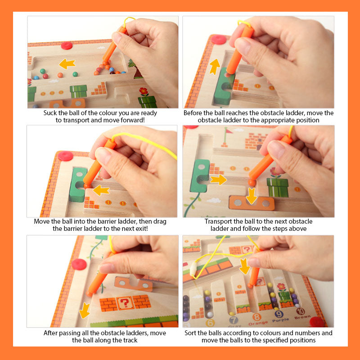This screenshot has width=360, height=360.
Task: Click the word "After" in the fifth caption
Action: (x=50, y=333)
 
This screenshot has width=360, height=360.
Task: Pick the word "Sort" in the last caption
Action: (x=190, y=333)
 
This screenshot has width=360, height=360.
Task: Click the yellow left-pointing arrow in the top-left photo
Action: (x=67, y=64)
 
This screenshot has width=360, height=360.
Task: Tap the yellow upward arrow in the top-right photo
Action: (x=215, y=67)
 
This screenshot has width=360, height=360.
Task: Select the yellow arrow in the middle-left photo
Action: (x=101, y=190)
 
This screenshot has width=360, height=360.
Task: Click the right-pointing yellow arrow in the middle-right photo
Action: (x=219, y=180)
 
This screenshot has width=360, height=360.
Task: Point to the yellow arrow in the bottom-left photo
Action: (x=85, y=310)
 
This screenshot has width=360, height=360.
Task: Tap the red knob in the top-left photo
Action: (x=67, y=45)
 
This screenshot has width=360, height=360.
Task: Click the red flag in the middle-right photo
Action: (x=229, y=131)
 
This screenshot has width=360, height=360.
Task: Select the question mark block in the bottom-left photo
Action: (x=125, y=303)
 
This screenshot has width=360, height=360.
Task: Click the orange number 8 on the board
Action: (x=256, y=317)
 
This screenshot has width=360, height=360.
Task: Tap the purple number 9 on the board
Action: (x=279, y=314)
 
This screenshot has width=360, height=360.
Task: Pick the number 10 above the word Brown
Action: (x=300, y=311)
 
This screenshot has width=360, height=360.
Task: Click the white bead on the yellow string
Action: (x=193, y=268)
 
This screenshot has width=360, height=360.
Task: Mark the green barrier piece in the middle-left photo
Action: (x=78, y=184)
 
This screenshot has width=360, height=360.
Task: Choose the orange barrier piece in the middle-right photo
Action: (x=252, y=203)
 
